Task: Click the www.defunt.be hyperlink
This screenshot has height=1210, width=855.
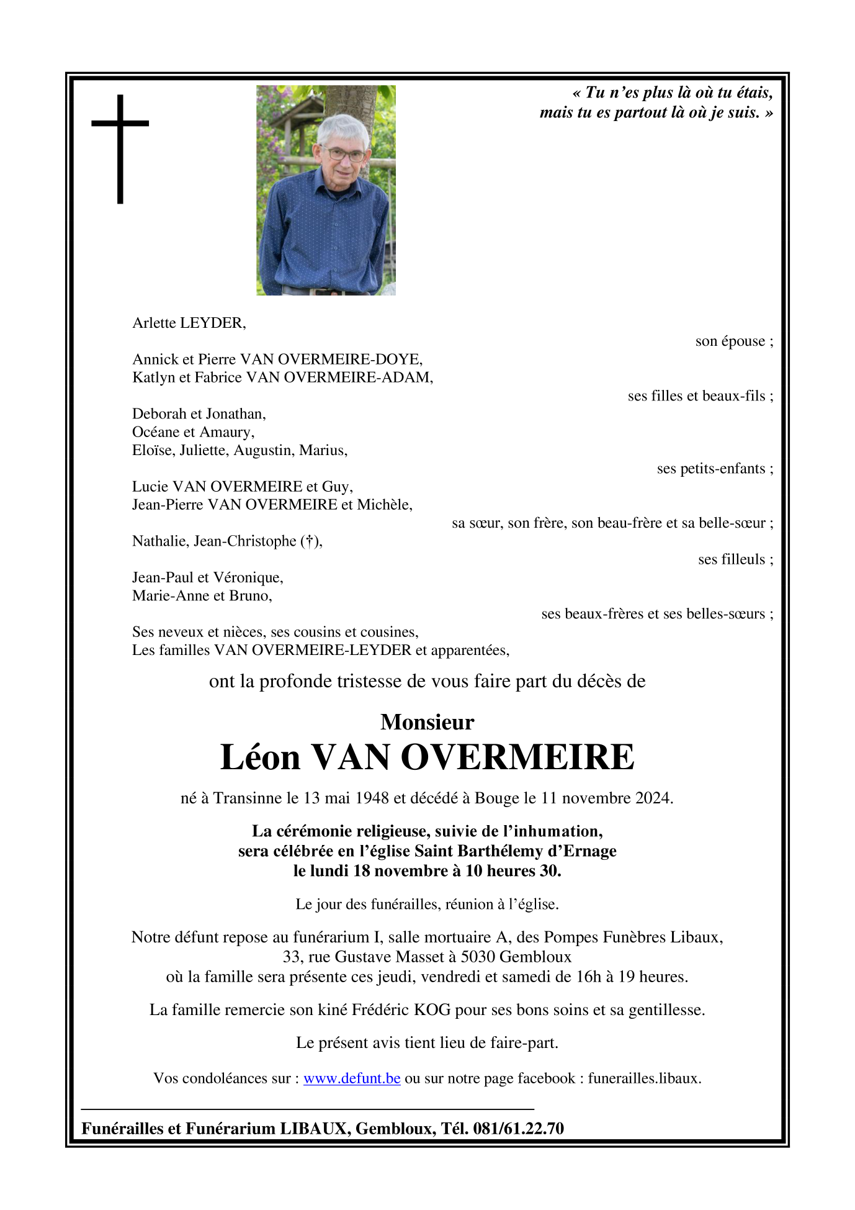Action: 352,1078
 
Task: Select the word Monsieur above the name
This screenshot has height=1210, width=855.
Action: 427,722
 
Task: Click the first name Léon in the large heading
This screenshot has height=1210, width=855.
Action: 261,757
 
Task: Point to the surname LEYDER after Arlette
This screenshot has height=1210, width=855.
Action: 212,323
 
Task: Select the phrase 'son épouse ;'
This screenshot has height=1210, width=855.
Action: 734,341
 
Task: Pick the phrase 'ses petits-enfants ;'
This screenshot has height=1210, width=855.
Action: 715,469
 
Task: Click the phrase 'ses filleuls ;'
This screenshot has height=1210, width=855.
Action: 735,559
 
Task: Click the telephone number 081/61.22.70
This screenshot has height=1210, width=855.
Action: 518,1128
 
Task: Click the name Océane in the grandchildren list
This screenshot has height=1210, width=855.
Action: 155,432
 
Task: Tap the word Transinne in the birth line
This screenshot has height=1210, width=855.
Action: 248,798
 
